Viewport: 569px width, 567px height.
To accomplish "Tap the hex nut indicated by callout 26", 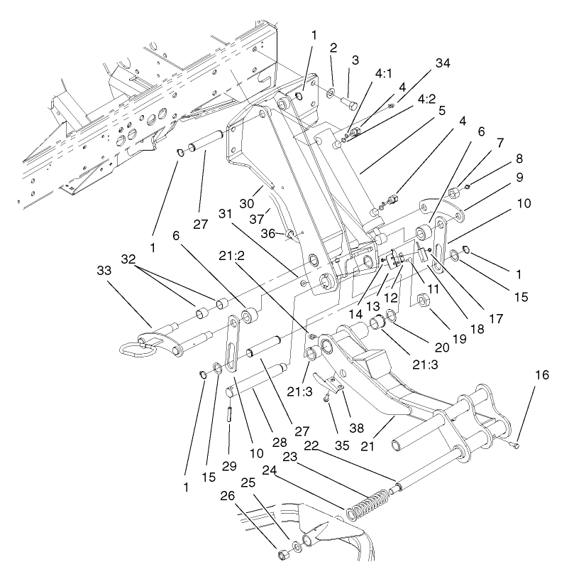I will (x=282, y=552).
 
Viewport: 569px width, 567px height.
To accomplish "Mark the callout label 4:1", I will (x=384, y=72).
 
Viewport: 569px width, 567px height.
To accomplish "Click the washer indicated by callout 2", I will (x=332, y=93).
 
